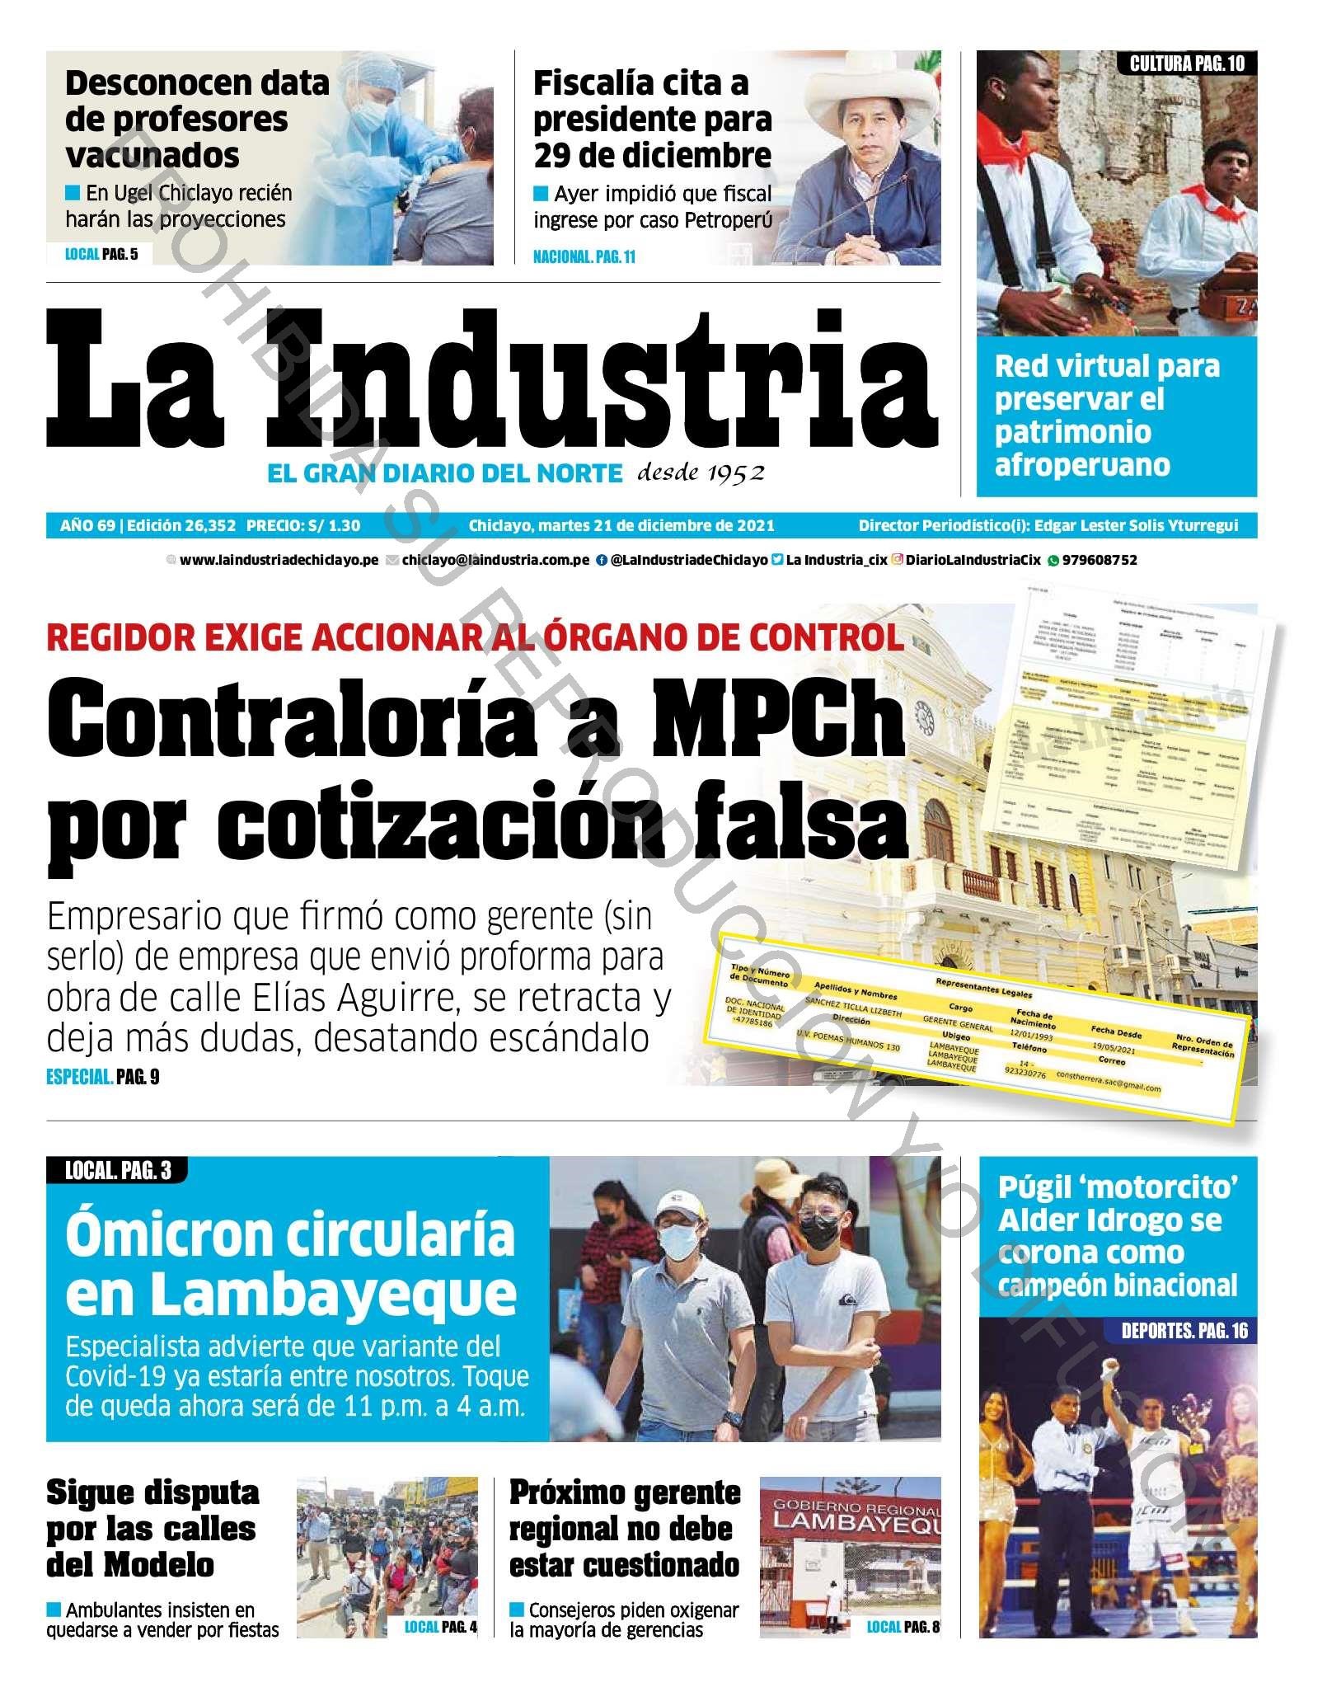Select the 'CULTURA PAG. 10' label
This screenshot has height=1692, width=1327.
[1186, 63]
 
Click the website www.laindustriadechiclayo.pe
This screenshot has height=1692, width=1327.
[279, 560]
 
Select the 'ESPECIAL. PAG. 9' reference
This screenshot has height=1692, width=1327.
[102, 1076]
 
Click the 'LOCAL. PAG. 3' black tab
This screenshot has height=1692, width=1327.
[118, 1170]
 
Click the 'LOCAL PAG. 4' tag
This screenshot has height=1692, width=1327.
[440, 1626]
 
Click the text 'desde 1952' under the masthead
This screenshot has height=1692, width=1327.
[701, 473]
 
